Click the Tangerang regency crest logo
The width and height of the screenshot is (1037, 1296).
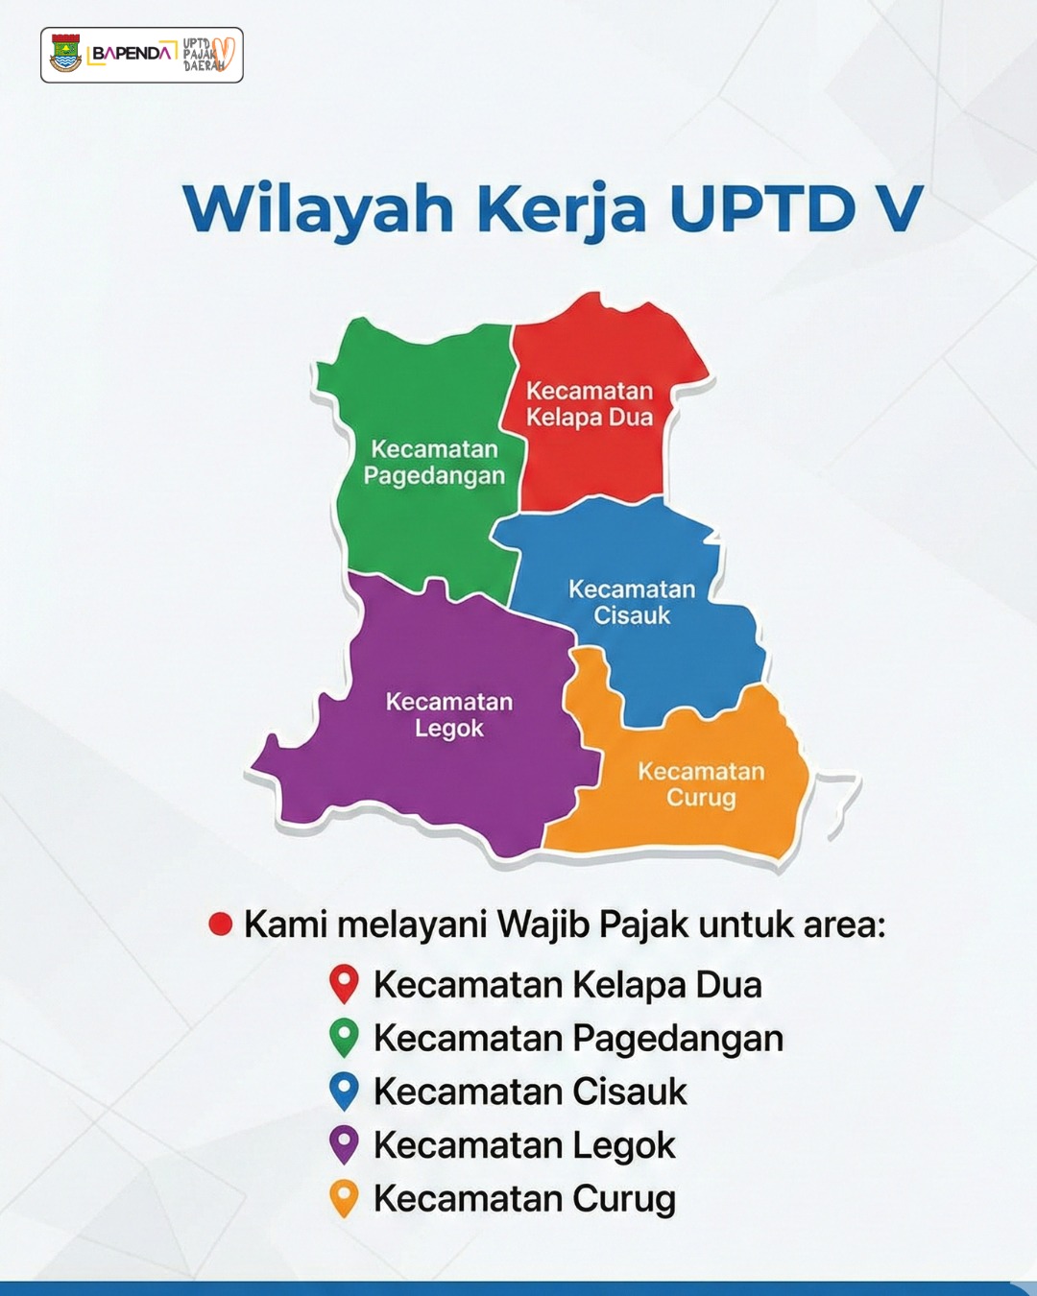click(x=65, y=54)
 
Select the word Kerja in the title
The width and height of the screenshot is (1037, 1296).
click(x=562, y=210)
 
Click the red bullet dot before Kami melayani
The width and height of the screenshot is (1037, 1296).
click(x=220, y=924)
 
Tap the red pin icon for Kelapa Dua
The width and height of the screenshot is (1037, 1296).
click(x=344, y=984)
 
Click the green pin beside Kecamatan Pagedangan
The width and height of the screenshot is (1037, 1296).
click(x=344, y=1038)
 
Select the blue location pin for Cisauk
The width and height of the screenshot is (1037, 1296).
click(x=344, y=1091)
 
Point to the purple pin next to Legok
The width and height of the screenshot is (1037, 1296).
click(x=344, y=1144)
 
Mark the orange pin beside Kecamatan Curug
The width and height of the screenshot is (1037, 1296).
click(x=344, y=1198)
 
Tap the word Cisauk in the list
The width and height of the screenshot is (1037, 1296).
click(x=630, y=1092)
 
